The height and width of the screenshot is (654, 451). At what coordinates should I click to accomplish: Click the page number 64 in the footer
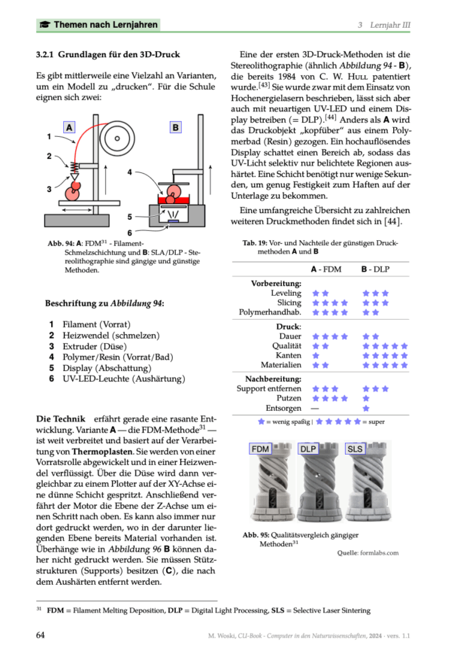tap(41, 634)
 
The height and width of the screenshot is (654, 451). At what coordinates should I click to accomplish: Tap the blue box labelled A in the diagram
tap(69, 128)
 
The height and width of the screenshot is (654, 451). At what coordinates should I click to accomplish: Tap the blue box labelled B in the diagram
tap(175, 128)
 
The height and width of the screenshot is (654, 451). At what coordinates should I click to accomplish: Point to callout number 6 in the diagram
tap(129, 233)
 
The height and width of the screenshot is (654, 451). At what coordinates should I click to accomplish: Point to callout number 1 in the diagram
tap(48, 137)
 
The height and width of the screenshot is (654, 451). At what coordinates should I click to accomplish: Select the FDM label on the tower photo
tap(260, 449)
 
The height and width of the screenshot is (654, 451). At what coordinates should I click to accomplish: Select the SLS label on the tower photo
tap(356, 449)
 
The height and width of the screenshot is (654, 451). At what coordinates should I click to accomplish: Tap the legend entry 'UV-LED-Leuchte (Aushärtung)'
tap(123, 379)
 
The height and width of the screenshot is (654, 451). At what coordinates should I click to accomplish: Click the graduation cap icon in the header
tap(45, 25)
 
